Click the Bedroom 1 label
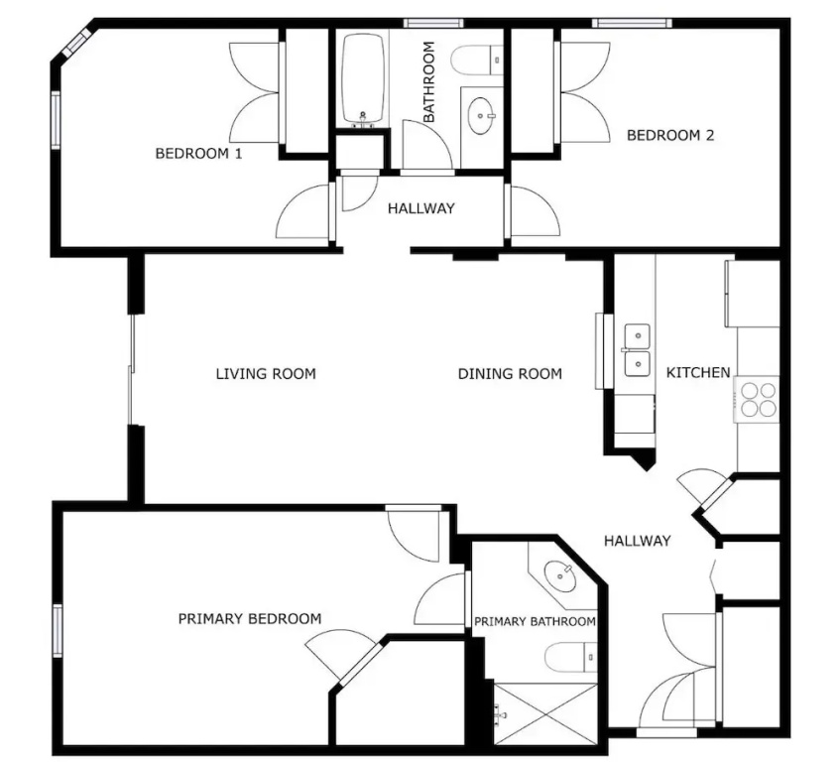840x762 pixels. (198, 154)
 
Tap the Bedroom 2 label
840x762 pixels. (670, 135)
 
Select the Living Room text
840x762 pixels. (266, 373)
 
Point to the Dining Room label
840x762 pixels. (510, 373)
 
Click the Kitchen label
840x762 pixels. (698, 372)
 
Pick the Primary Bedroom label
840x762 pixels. (250, 619)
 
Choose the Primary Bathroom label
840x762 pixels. (535, 621)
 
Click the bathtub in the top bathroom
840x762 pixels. (363, 79)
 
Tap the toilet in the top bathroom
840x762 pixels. (477, 61)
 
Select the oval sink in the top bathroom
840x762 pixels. (482, 115)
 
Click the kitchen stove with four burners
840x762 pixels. (758, 399)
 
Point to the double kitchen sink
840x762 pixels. (637, 350)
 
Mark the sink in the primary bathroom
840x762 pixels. (560, 576)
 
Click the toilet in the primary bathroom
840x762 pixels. (570, 657)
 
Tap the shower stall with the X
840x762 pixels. (545, 713)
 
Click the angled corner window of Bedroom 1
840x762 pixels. (77, 43)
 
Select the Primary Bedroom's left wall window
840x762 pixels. (58, 630)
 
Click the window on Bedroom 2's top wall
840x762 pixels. (632, 23)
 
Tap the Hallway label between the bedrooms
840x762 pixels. (421, 208)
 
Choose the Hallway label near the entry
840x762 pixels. (638, 541)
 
